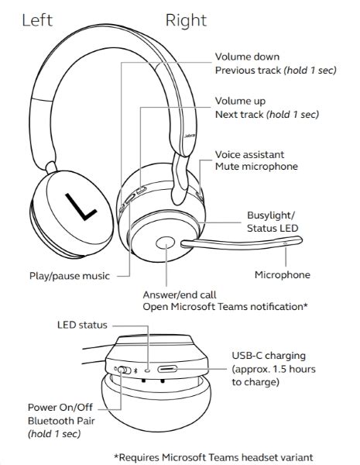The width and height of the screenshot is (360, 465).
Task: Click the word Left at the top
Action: (x=37, y=21)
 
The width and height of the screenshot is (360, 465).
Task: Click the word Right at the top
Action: (x=187, y=21)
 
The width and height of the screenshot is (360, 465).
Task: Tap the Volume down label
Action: (x=247, y=57)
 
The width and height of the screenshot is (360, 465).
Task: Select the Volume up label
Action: (x=240, y=101)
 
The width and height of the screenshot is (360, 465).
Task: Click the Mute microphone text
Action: (x=255, y=167)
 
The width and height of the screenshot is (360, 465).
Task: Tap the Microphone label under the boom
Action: (x=283, y=274)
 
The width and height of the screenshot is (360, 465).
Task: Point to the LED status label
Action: (x=82, y=325)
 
